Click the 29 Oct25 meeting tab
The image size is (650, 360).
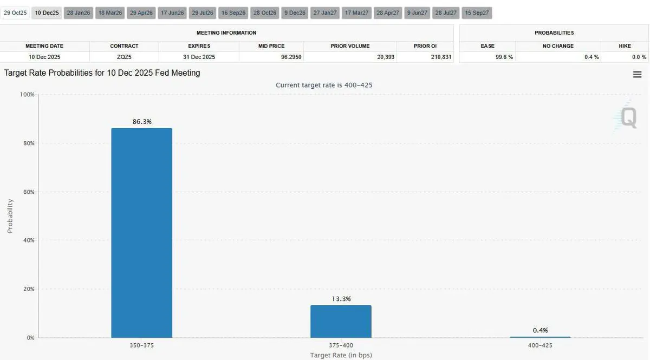tap(15, 12)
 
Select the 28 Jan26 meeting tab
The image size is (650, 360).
tap(79, 12)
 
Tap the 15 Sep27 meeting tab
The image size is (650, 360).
tap(477, 12)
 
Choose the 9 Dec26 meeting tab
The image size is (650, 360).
tap(295, 12)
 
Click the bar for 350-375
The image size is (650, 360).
tap(141, 233)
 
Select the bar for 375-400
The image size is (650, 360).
tap(341, 322)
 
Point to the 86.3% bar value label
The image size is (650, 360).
tap(142, 122)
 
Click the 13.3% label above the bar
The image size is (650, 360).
tap(341, 299)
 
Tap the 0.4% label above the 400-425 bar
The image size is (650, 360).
tap(540, 330)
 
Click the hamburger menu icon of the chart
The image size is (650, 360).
tap(637, 75)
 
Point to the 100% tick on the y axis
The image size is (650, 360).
tap(27, 95)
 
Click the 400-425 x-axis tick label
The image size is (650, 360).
tap(540, 344)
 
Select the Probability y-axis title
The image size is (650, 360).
tap(10, 216)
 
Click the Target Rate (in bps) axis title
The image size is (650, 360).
tap(341, 355)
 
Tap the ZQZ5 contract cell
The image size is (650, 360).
tap(124, 57)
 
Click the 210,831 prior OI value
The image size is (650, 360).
tap(439, 57)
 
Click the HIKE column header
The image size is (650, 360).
tap(624, 46)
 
